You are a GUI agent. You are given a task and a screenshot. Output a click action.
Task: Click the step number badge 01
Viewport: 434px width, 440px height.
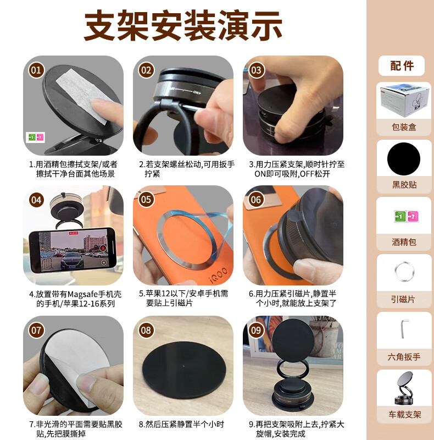(36, 70)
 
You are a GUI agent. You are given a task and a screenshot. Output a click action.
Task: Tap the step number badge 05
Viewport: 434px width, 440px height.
(146, 200)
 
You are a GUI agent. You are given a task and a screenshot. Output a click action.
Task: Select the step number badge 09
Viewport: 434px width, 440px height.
(256, 330)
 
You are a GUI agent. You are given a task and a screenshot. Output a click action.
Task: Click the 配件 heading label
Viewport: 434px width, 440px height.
(402, 65)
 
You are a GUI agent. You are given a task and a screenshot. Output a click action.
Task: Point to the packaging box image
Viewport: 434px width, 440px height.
(404, 100)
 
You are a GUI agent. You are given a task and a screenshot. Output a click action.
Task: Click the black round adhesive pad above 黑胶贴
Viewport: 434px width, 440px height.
(404, 159)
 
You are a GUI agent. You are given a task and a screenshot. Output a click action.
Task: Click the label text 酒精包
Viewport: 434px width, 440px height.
(404, 242)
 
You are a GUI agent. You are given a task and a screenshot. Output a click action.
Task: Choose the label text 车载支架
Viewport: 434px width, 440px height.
(404, 414)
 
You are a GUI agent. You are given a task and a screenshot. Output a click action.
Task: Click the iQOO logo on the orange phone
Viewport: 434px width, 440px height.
(219, 274)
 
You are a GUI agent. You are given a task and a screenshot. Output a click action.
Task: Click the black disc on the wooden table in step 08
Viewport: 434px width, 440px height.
(184, 370)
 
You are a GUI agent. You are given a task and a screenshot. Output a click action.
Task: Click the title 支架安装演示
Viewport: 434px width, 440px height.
(183, 25)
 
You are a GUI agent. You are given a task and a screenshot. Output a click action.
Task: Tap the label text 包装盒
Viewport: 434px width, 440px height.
(404, 127)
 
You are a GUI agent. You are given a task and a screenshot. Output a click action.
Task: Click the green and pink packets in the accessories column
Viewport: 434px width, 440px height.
(406, 216)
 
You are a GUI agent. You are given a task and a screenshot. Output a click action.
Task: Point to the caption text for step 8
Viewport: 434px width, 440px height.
(182, 424)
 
